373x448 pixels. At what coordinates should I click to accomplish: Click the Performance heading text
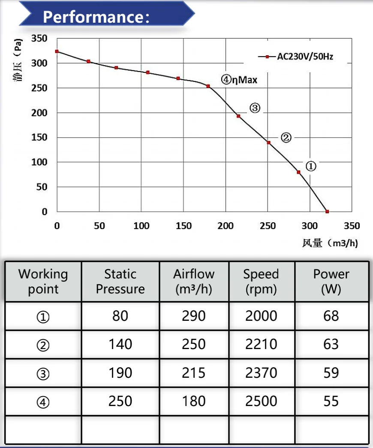(x=96, y=17)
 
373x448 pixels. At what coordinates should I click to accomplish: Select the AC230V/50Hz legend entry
(x=296, y=56)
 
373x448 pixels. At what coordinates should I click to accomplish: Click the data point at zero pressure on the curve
(x=327, y=212)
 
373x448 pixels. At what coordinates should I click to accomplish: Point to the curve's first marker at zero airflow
(x=57, y=51)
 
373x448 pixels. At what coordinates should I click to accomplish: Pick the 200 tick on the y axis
(x=39, y=113)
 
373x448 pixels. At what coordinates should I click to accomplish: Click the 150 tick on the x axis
(x=183, y=226)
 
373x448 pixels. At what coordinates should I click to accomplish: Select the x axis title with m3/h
(x=330, y=243)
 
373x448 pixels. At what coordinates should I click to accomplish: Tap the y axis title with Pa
(x=18, y=60)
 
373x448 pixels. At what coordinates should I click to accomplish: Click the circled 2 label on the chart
(x=286, y=138)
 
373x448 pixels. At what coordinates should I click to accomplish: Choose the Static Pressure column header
(x=120, y=281)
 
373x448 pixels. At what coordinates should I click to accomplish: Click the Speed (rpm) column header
(x=261, y=281)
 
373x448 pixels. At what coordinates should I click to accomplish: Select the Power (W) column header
(x=331, y=281)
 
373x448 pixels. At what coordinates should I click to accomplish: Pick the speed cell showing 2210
(x=261, y=344)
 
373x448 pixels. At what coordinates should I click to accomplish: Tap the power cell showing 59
(x=331, y=373)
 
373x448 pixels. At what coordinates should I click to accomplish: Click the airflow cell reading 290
(x=194, y=316)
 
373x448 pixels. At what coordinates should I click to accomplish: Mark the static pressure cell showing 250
(x=120, y=401)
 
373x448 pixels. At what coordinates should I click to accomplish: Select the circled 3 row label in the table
(x=43, y=374)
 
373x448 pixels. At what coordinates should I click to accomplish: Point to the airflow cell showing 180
(x=194, y=401)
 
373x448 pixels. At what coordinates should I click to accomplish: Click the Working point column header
(x=43, y=281)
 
